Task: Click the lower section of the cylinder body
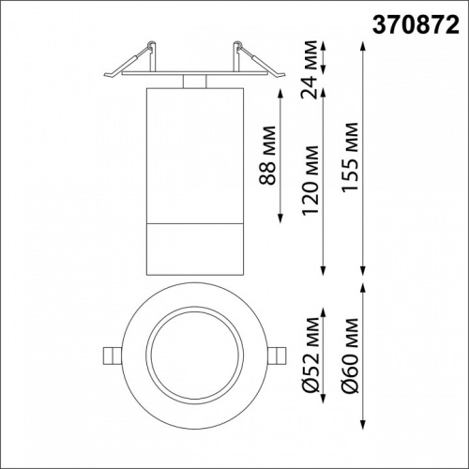pyautogui.click(x=194, y=250)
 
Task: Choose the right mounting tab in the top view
pyautogui.click(x=278, y=356)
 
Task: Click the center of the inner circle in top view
pyautogui.click(x=194, y=356)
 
